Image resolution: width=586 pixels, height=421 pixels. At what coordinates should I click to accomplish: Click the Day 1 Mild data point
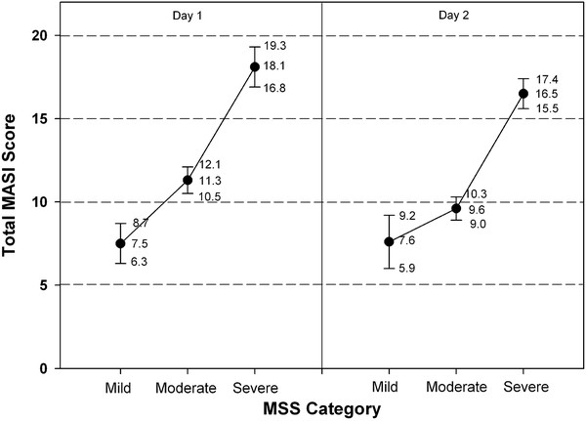pyautogui.click(x=120, y=243)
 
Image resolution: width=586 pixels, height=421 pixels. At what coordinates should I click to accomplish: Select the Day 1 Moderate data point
pyautogui.click(x=188, y=180)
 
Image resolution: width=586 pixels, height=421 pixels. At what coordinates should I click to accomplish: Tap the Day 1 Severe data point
pyautogui.click(x=254, y=66)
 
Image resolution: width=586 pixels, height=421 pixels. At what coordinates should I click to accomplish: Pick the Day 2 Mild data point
pyautogui.click(x=389, y=241)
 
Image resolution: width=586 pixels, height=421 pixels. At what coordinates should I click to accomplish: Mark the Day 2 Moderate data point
pyautogui.click(x=456, y=208)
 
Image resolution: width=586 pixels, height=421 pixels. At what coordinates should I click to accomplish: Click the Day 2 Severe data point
pyautogui.click(x=523, y=94)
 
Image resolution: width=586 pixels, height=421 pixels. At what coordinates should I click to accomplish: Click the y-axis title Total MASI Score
pyautogui.click(x=16, y=185)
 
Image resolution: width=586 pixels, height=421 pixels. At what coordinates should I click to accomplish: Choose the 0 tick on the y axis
pyautogui.click(x=41, y=368)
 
